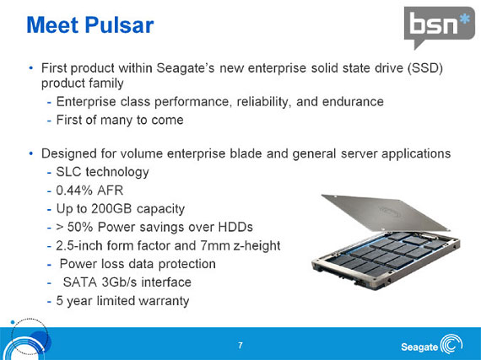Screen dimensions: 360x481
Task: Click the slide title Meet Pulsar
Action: pos(90,25)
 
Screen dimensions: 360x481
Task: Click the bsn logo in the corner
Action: pos(437,27)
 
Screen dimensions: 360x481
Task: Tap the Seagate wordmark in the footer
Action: pos(419,347)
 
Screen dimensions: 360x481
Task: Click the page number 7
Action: pos(240,346)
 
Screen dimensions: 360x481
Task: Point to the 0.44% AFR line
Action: pos(89,190)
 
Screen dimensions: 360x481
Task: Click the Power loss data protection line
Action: pos(143,264)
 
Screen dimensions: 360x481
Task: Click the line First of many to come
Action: pos(119,120)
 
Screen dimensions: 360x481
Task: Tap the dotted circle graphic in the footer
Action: pos(25,337)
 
